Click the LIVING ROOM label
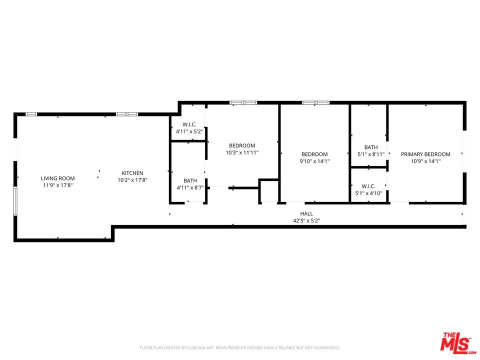pyautogui.click(x=57, y=178)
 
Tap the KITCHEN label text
pyautogui.click(x=132, y=173)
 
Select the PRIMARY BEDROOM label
pyautogui.click(x=425, y=154)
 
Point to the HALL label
pyautogui.click(x=306, y=213)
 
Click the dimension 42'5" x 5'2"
pyautogui.click(x=306, y=220)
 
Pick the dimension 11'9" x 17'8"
pyautogui.click(x=57, y=185)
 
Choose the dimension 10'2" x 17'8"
pyautogui.click(x=132, y=180)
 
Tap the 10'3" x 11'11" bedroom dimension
pyautogui.click(x=242, y=152)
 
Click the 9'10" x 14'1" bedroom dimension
pyautogui.click(x=314, y=161)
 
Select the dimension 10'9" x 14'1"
pyautogui.click(x=425, y=161)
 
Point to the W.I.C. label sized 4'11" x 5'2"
pyautogui.click(x=189, y=124)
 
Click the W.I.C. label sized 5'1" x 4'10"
pyautogui.click(x=368, y=186)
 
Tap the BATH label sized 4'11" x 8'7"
pyautogui.click(x=190, y=180)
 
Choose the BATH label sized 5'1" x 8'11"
pyautogui.click(x=371, y=147)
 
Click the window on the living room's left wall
pyautogui.click(x=15, y=201)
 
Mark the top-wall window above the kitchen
pyautogui.click(x=126, y=114)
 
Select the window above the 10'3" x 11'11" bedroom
pyautogui.click(x=243, y=102)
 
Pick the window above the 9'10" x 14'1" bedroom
pyautogui.click(x=315, y=102)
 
